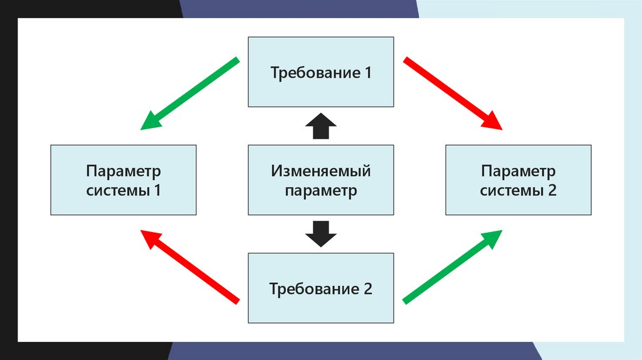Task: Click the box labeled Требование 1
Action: pyautogui.click(x=321, y=71)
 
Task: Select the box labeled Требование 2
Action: pyautogui.click(x=321, y=288)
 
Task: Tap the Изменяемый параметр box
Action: pyautogui.click(x=321, y=180)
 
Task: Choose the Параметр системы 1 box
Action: pyautogui.click(x=124, y=180)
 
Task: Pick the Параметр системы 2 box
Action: pyautogui.click(x=518, y=180)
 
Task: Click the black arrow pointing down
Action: pyautogui.click(x=321, y=233)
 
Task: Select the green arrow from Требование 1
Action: pyautogui.click(x=189, y=94)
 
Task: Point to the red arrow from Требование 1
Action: pyautogui.click(x=453, y=94)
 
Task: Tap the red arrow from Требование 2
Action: pyautogui.click(x=189, y=266)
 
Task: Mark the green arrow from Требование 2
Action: pyautogui.click(x=453, y=266)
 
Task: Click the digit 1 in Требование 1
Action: pyautogui.click(x=367, y=73)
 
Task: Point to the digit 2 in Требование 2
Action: pyautogui.click(x=368, y=289)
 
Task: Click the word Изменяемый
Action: pyautogui.click(x=321, y=171)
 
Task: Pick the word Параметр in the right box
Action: pyautogui.click(x=518, y=171)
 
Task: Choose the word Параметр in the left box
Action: pyautogui.click(x=124, y=171)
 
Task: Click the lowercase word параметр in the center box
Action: pyautogui.click(x=321, y=191)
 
